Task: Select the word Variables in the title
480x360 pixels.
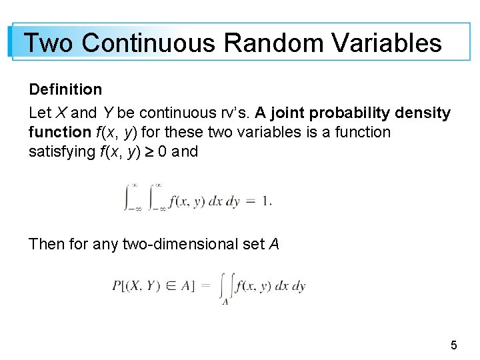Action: pyautogui.click(x=387, y=43)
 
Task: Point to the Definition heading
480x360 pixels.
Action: pyautogui.click(x=65, y=89)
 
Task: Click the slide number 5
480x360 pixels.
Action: pyautogui.click(x=454, y=345)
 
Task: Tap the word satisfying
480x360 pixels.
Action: pyautogui.click(x=61, y=152)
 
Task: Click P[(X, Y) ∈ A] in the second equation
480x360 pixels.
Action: pyautogui.click(x=153, y=286)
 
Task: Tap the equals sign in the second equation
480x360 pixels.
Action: pyautogui.click(x=205, y=286)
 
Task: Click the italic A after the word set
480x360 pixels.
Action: pyautogui.click(x=273, y=245)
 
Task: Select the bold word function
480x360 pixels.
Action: pyautogui.click(x=59, y=133)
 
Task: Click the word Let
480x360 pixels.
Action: pyautogui.click(x=38, y=113)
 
